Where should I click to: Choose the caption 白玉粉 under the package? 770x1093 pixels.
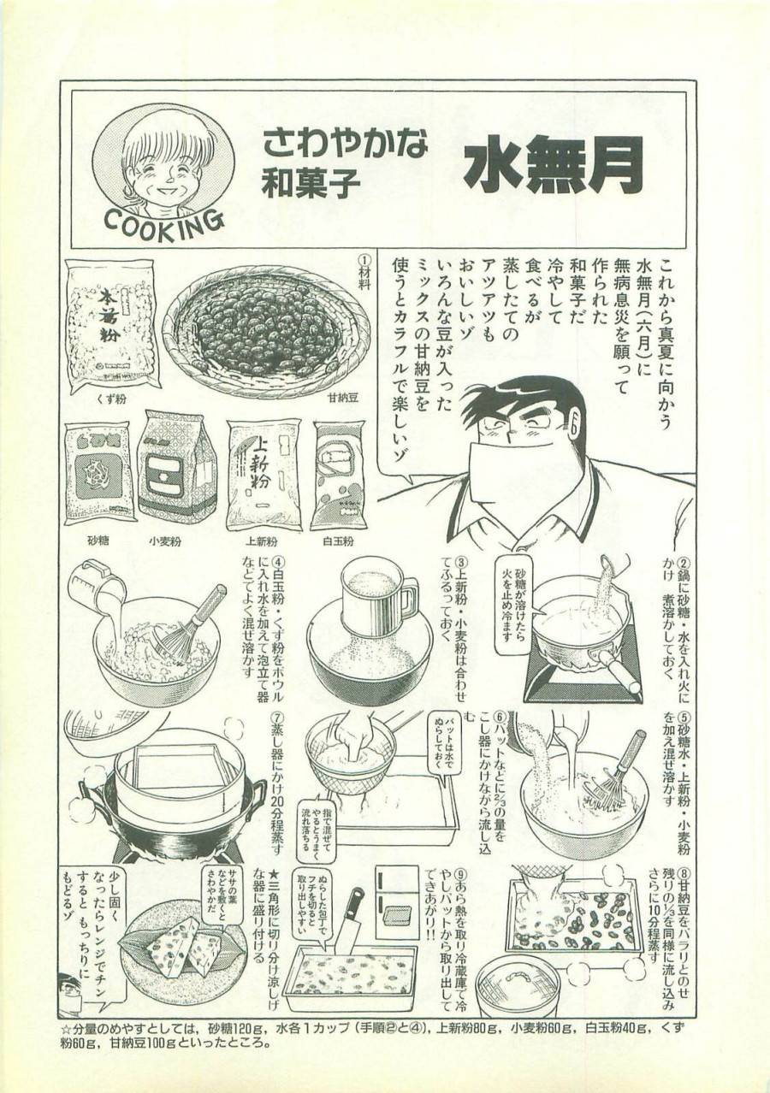pyautogui.click(x=336, y=541)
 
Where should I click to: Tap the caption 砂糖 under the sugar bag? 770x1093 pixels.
pyautogui.click(x=99, y=541)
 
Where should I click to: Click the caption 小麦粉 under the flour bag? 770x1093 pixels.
pyautogui.click(x=177, y=541)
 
